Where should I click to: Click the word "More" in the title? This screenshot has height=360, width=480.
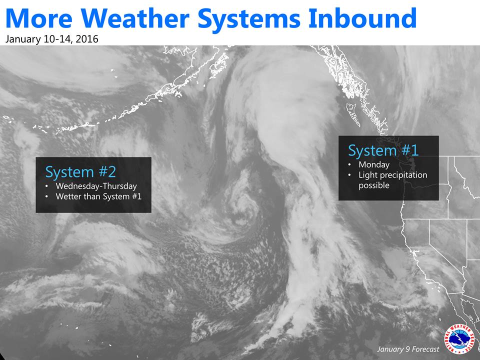pyautogui.click(x=39, y=18)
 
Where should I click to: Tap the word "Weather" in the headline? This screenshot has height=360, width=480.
pyautogui.click(x=135, y=18)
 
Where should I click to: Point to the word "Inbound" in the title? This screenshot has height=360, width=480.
pyautogui.click(x=362, y=18)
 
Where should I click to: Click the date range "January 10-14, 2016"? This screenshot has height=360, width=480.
pyautogui.click(x=51, y=39)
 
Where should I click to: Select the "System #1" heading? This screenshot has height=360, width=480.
pyautogui.click(x=383, y=150)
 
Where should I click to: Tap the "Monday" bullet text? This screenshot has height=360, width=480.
pyautogui.click(x=374, y=165)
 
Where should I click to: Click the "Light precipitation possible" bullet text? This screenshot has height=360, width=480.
pyautogui.click(x=393, y=180)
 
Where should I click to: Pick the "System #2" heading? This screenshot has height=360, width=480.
pyautogui.click(x=80, y=172)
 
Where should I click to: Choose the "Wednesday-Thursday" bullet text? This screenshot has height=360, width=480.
pyautogui.click(x=96, y=186)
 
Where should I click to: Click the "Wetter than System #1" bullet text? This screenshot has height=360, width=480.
pyautogui.click(x=98, y=196)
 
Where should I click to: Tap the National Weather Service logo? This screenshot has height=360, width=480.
pyautogui.click(x=459, y=339)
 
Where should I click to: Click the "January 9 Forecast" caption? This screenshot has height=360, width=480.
pyautogui.click(x=408, y=349)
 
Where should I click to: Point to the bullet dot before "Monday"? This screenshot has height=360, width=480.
pyautogui.click(x=349, y=165)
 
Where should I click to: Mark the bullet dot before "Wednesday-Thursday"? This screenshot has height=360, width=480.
pyautogui.click(x=46, y=186)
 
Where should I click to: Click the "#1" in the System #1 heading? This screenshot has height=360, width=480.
pyautogui.click(x=409, y=150)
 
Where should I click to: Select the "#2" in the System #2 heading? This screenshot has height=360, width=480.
pyautogui.click(x=107, y=172)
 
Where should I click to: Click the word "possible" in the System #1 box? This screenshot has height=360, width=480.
pyautogui.click(x=374, y=185)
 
